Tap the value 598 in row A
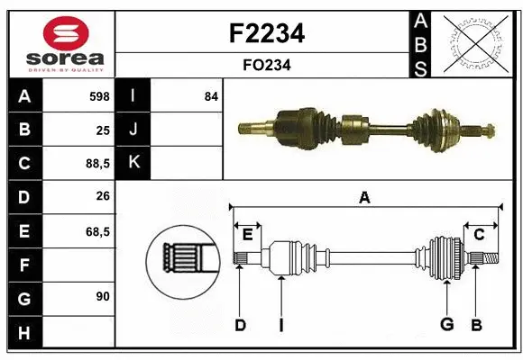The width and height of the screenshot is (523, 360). [97, 95]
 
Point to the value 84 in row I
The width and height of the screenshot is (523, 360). [211, 95]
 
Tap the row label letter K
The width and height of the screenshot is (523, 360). [133, 163]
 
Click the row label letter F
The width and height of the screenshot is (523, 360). [23, 265]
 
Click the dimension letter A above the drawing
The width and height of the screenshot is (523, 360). [364, 198]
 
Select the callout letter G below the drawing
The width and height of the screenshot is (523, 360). [445, 324]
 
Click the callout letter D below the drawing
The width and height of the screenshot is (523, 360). [240, 324]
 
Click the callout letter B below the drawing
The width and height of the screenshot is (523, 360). [476, 324]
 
